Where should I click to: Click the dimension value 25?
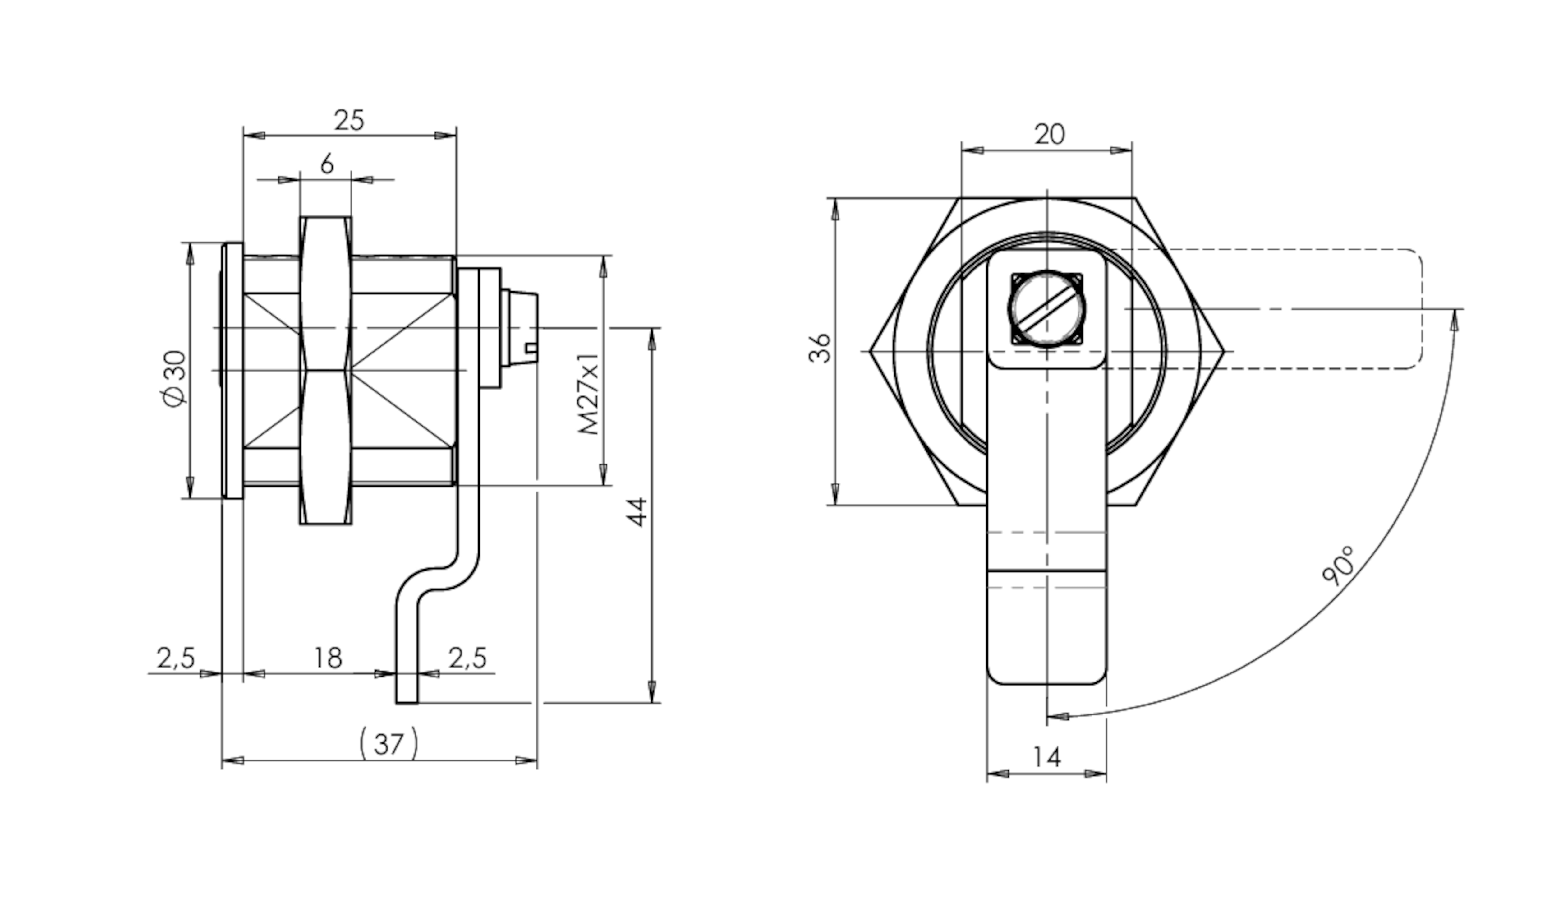tap(349, 120)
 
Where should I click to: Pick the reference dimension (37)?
tap(388, 744)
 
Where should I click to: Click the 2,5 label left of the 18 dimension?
tap(176, 658)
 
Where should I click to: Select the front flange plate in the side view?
tap(232, 370)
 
